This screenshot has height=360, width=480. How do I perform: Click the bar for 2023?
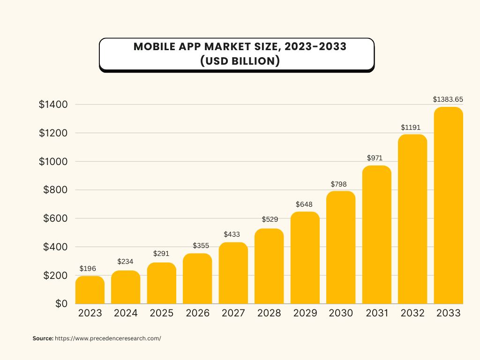click(x=90, y=290)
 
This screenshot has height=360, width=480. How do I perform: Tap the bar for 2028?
click(x=269, y=266)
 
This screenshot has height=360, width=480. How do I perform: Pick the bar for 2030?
click(x=341, y=247)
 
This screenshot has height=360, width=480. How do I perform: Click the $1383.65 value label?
click(x=448, y=99)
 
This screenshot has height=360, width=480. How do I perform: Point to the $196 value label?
click(x=88, y=269)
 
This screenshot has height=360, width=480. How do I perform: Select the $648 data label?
click(x=304, y=204)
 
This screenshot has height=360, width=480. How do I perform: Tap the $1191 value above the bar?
click(x=412, y=127)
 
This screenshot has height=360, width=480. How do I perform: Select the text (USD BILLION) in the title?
click(x=237, y=61)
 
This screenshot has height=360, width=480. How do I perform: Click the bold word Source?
click(x=43, y=338)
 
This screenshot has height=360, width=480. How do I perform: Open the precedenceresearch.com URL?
click(x=108, y=338)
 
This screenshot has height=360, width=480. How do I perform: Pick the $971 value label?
click(x=376, y=158)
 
